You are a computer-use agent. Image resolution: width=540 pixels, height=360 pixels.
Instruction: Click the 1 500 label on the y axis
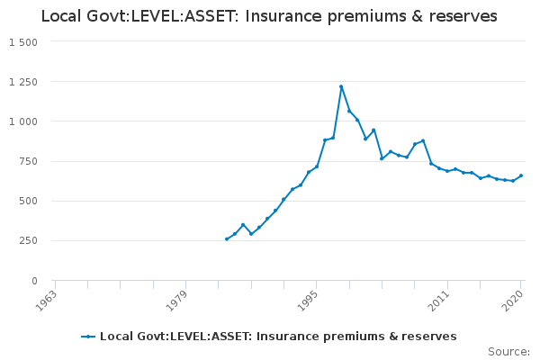22,42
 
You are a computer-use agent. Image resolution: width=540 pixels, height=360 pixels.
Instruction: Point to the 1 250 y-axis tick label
22,82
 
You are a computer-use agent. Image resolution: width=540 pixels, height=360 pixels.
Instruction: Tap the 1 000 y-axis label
22,121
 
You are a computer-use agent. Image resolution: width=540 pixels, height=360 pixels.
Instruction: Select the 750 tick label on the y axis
28,161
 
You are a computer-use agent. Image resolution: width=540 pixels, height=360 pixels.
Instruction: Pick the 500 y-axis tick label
28,201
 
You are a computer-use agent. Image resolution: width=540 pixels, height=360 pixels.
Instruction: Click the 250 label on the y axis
28,241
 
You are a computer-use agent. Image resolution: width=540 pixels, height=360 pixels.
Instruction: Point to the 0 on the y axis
33,281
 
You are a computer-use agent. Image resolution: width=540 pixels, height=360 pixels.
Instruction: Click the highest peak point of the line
341,86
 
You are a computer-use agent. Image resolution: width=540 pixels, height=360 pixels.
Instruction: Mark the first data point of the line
227,238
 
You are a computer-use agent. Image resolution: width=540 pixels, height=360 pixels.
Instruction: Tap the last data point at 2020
521,175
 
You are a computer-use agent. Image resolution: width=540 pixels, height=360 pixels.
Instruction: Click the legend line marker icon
88,337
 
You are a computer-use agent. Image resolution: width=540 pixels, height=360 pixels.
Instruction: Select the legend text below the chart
278,337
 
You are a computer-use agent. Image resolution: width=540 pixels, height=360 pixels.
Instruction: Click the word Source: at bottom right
508,351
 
